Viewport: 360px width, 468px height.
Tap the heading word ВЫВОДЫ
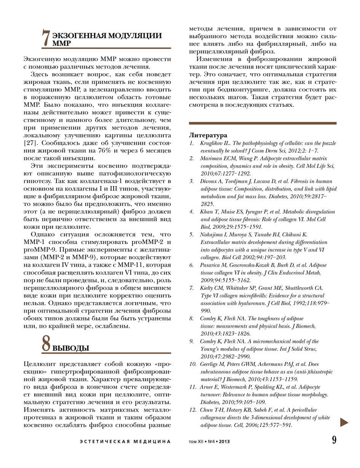pyautogui.click(x=70, y=348)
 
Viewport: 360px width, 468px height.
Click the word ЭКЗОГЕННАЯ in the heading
pyautogui.click(x=78, y=36)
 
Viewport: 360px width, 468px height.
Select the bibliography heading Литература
pyautogui.click(x=208, y=135)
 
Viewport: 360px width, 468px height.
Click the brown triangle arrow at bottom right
pyautogui.click(x=344, y=422)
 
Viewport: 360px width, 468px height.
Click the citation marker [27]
pyautogui.click(x=30, y=143)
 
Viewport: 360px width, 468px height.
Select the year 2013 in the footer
pyautogui.click(x=224, y=442)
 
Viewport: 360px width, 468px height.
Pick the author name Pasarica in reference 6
pyautogui.click(x=210, y=265)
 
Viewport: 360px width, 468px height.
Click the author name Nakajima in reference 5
pyautogui.click(x=211, y=234)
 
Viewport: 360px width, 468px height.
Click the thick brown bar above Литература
pyautogui.click(x=262, y=123)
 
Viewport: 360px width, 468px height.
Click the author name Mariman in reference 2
pyautogui.click(x=211, y=158)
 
